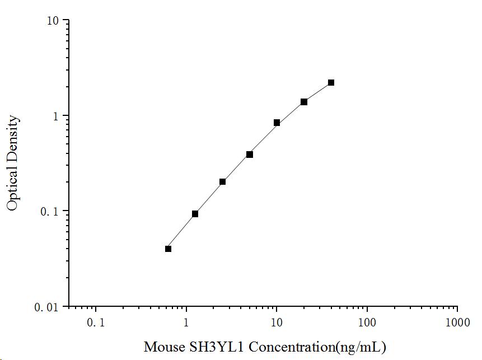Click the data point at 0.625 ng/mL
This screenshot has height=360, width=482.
coord(168,249)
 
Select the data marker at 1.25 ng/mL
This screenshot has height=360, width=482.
coord(195,214)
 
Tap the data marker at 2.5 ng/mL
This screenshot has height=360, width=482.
coord(222,181)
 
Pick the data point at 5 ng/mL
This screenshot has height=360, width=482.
coord(250,155)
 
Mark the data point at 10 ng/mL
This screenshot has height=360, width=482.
coord(277,123)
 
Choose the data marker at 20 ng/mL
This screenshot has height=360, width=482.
coord(304,102)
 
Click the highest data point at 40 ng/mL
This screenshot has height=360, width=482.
coord(331,82)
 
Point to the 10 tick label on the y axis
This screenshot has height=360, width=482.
coord(54,21)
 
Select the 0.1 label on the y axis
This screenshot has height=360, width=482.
coord(52,212)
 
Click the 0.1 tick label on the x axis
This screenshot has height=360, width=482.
coord(96,323)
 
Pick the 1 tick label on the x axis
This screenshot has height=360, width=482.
coord(186,323)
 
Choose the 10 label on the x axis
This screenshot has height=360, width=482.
coord(277,323)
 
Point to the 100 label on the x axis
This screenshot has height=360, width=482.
coord(367,323)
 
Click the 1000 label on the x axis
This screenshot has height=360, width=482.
coord(457,323)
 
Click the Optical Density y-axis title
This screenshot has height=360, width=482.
coord(13,163)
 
